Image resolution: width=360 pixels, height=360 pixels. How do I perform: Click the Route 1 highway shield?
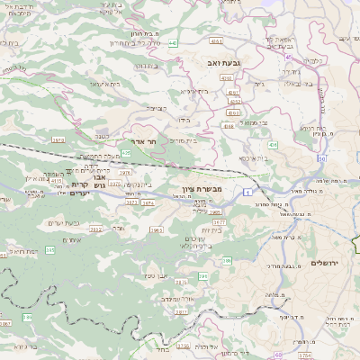(x=246, y=192)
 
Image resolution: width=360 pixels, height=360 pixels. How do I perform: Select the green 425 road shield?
(x=127, y=154)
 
